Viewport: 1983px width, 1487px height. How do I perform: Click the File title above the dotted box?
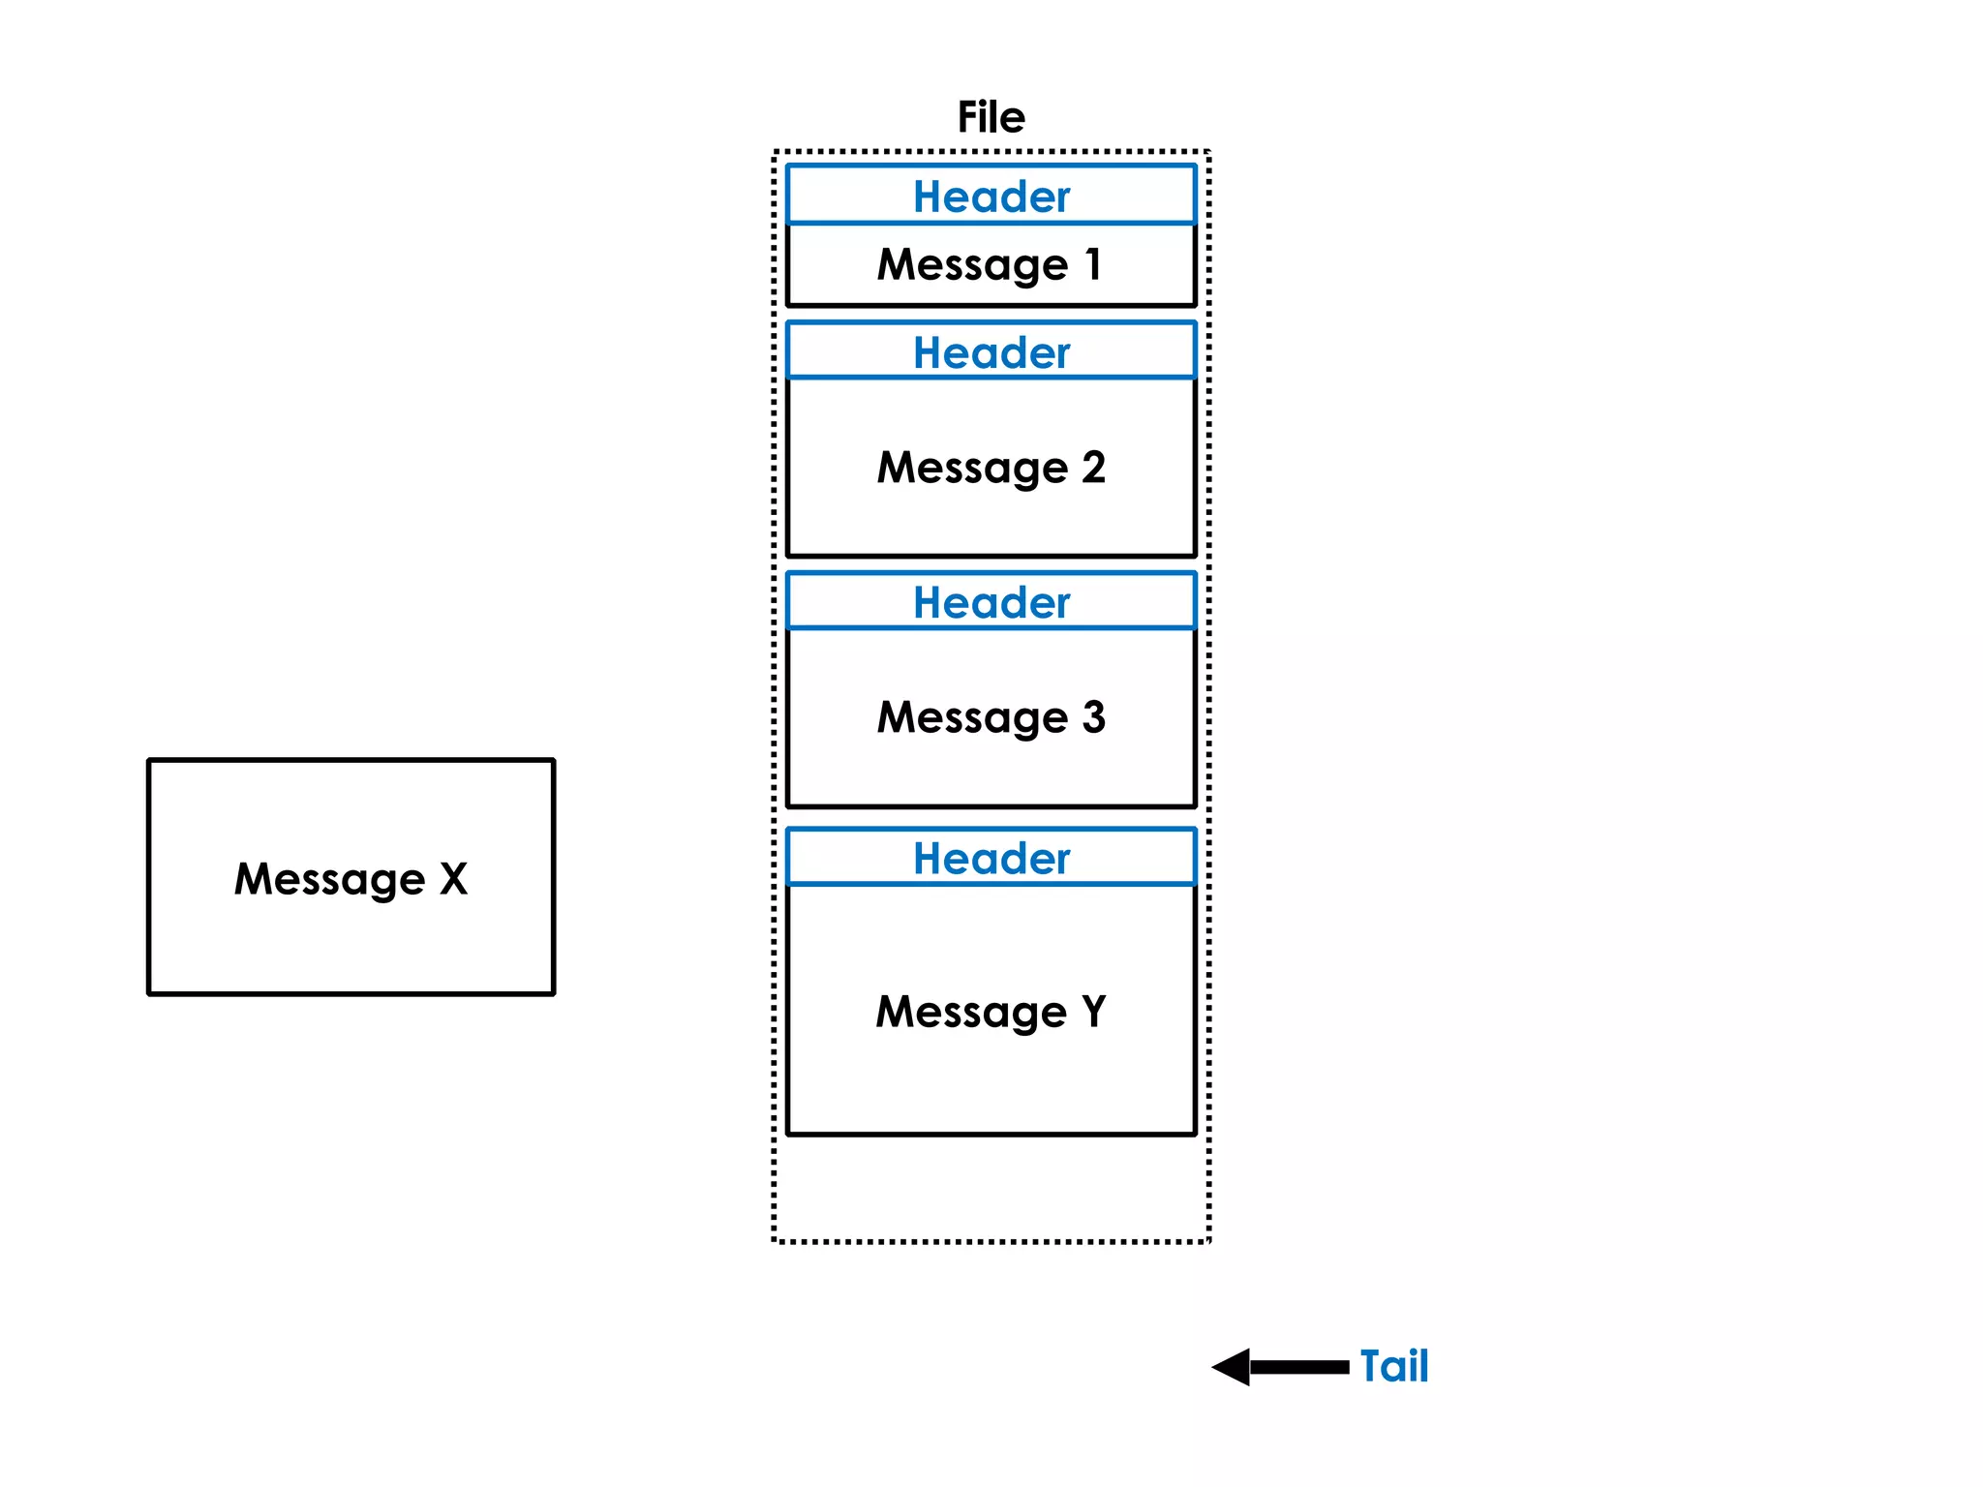(991, 117)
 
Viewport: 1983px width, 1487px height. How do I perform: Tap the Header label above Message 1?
(991, 197)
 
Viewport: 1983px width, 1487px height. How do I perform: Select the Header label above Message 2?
(991, 352)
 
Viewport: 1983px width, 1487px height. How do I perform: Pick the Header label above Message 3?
(991, 602)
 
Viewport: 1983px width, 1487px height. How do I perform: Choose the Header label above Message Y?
(991, 858)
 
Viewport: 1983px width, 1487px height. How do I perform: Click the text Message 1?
(990, 264)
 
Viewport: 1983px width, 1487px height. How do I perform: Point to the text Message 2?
(991, 468)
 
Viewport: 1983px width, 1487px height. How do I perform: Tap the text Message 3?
(991, 717)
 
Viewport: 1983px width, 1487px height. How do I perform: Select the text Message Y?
(991, 1012)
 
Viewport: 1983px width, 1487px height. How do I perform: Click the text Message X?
(351, 879)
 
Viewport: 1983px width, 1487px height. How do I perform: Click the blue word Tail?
(1393, 1366)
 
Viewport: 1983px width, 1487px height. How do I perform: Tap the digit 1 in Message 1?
(1093, 263)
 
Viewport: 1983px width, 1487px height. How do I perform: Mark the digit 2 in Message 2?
(1093, 467)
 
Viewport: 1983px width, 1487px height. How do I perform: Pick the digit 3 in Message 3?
(1093, 716)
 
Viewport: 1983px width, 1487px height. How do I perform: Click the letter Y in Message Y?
(1094, 1011)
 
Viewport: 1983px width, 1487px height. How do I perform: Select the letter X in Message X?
(453, 878)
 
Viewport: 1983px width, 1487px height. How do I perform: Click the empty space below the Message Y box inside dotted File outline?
(991, 1188)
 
